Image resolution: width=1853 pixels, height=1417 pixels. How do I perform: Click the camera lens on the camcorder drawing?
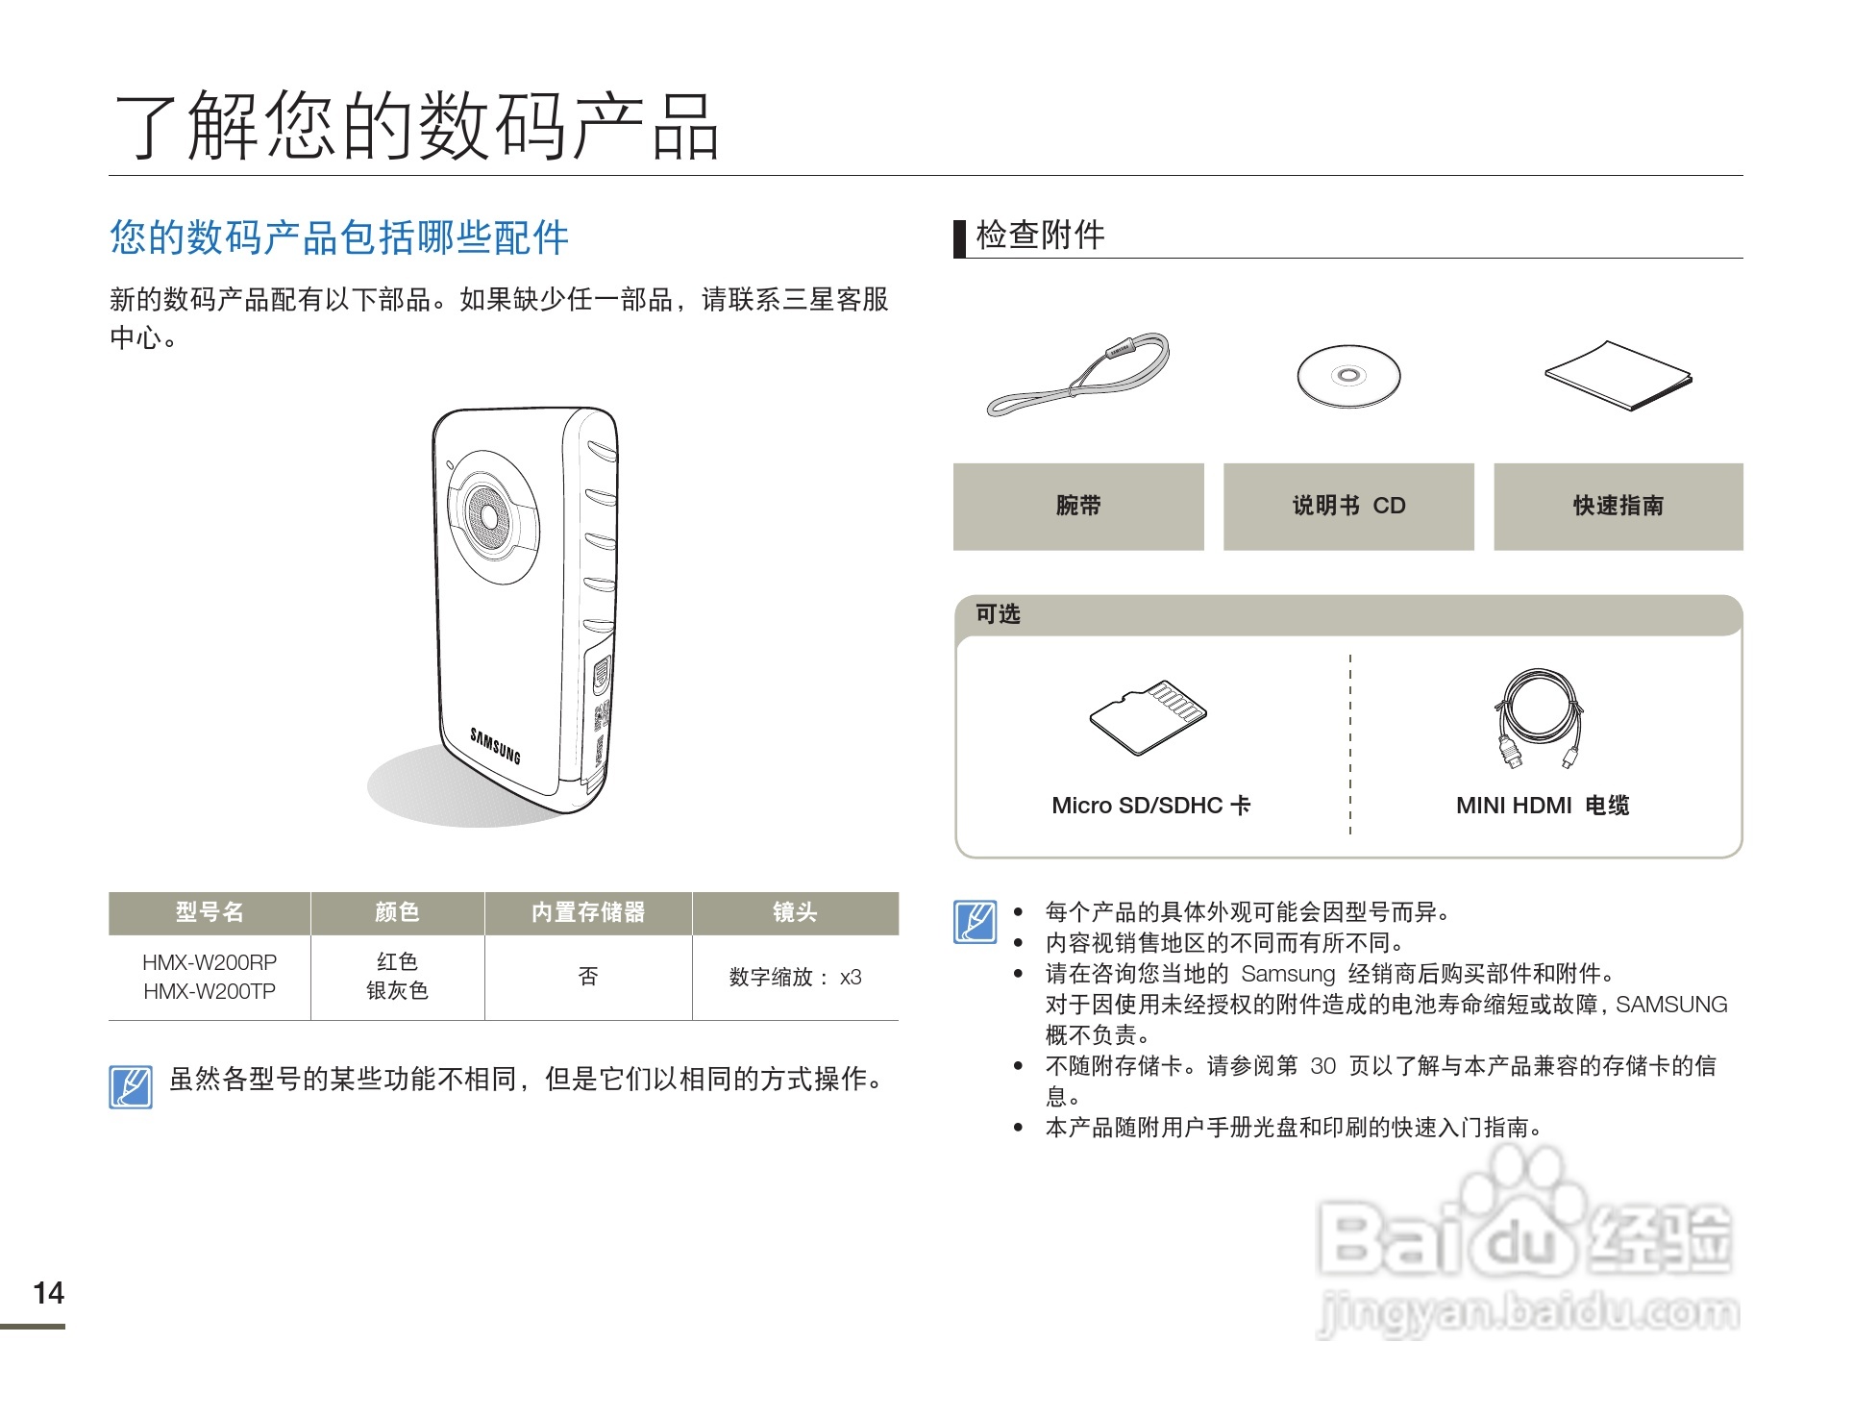[x=489, y=516]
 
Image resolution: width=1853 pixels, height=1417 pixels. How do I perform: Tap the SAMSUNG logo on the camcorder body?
[x=495, y=746]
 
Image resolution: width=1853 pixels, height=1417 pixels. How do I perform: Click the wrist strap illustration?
[x=1079, y=375]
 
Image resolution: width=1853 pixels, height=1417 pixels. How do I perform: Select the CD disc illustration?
[x=1348, y=376]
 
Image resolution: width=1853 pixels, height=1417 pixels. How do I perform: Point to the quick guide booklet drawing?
[x=1618, y=376]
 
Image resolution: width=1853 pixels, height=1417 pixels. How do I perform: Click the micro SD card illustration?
[x=1149, y=718]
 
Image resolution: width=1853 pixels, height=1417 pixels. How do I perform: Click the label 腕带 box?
[x=1078, y=507]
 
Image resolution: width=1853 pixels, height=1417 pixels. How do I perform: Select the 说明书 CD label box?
[x=1348, y=507]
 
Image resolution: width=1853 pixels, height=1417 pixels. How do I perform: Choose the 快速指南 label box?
[x=1618, y=507]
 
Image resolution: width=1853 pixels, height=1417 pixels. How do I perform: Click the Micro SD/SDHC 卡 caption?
[x=1150, y=806]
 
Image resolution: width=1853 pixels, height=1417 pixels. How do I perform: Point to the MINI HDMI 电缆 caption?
[x=1543, y=806]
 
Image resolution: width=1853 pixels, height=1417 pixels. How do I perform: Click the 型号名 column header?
[x=210, y=912]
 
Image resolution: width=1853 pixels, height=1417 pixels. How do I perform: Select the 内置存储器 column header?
[x=588, y=912]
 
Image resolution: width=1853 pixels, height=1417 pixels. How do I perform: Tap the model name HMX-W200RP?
[x=210, y=962]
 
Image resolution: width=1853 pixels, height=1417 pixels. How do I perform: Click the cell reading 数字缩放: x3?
[x=795, y=978]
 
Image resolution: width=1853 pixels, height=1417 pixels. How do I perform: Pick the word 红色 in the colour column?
[x=397, y=962]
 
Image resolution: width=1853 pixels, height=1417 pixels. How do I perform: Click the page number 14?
[x=48, y=1293]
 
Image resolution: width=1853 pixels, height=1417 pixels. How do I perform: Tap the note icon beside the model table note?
[x=131, y=1086]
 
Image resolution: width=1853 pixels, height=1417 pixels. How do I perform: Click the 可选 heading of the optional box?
[x=998, y=614]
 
